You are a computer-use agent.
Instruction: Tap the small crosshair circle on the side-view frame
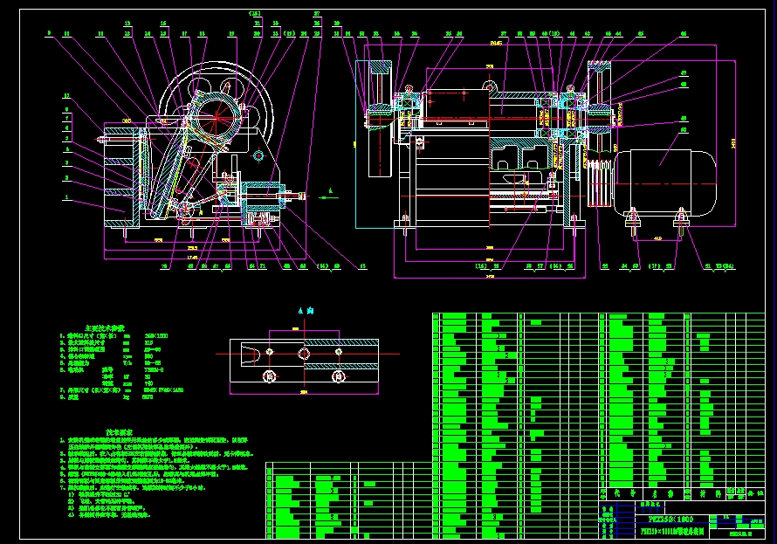(258, 155)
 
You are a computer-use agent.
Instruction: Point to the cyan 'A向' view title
(304, 311)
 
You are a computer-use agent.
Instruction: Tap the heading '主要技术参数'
(104, 327)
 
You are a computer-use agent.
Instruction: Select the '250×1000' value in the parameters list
(155, 335)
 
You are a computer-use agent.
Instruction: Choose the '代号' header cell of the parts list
(619, 493)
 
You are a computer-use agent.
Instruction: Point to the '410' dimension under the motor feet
(657, 238)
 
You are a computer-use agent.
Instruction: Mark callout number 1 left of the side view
(66, 198)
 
